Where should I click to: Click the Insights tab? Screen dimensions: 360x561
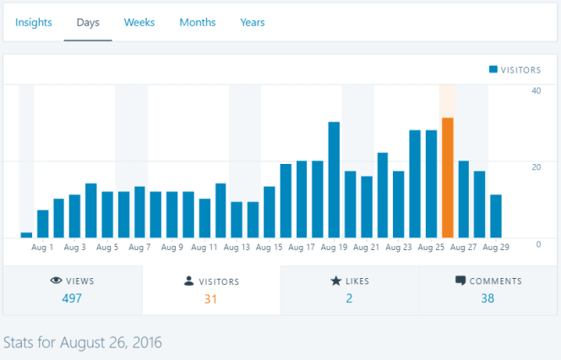(x=34, y=22)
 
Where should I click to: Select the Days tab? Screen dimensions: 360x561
(x=88, y=22)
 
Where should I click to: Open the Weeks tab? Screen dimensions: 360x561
(x=139, y=22)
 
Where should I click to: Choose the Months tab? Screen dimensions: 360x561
(x=197, y=22)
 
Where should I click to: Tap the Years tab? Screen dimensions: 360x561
(x=252, y=22)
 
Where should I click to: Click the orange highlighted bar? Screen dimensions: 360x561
(x=448, y=177)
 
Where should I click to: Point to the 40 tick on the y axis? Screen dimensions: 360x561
(x=536, y=90)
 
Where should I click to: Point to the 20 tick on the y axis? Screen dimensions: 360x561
(x=536, y=167)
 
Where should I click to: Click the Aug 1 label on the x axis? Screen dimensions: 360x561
(x=42, y=248)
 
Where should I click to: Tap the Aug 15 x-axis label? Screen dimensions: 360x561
(x=270, y=248)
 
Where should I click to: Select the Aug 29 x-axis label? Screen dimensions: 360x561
(x=496, y=248)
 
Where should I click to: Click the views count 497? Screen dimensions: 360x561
(x=73, y=298)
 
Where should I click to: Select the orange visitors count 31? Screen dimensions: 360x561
(x=211, y=298)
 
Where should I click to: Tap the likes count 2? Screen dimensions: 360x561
(x=349, y=298)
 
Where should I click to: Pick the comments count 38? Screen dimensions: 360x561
(x=487, y=298)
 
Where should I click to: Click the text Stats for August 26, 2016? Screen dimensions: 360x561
(x=83, y=343)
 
